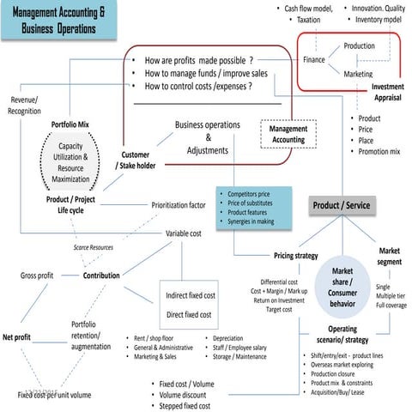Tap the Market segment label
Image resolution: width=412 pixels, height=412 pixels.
point(388,256)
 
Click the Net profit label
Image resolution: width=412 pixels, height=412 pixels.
point(16,337)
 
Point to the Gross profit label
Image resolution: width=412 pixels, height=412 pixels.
point(37,276)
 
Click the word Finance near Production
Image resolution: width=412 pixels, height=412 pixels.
point(314,59)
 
